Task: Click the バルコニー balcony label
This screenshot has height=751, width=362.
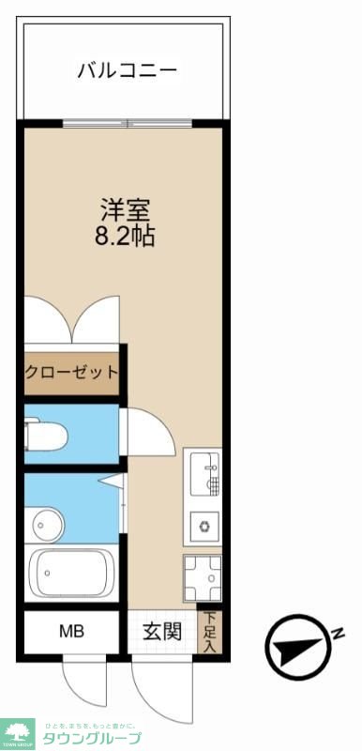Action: [127, 69]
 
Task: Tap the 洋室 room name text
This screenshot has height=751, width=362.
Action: [126, 208]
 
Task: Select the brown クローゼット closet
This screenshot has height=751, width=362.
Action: [72, 371]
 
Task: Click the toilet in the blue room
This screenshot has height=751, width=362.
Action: [46, 434]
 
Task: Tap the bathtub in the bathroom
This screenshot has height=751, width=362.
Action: [71, 572]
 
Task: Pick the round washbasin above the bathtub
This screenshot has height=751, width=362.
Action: [45, 522]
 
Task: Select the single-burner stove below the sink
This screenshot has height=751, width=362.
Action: [204, 527]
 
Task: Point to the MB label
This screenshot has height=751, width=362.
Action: [72, 632]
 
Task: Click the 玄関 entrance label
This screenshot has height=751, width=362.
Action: [161, 632]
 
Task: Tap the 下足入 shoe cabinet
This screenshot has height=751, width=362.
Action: [210, 632]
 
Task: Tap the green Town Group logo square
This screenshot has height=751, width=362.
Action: [17, 733]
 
